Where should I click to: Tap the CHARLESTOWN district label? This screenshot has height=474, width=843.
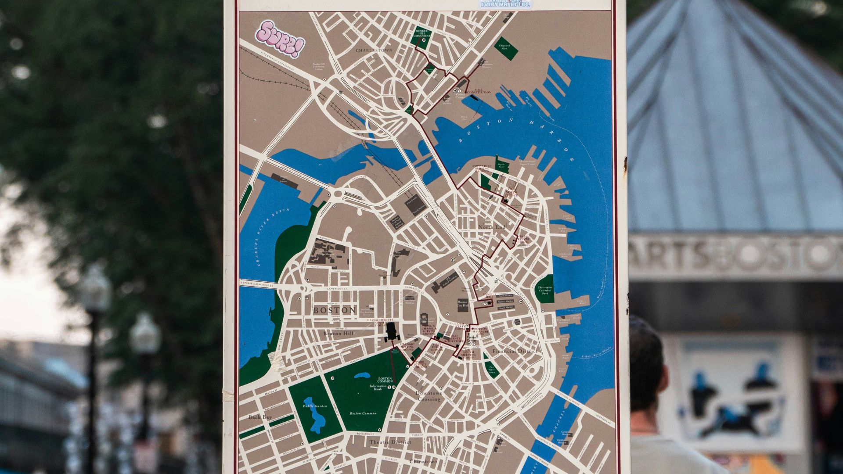point(374,50)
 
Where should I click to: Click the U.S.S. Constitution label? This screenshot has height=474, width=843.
point(479,91)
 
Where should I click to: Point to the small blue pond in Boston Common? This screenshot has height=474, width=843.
point(362,376)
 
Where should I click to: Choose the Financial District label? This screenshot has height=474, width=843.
point(515,352)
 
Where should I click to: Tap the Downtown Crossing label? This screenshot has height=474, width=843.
point(429,396)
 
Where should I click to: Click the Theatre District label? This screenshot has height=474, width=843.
point(390,442)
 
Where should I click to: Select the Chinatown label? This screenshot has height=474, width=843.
point(423,462)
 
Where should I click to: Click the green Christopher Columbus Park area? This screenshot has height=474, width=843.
point(545,289)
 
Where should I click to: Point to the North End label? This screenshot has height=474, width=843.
point(492,227)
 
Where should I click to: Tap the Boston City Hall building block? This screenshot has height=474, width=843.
point(463,305)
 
